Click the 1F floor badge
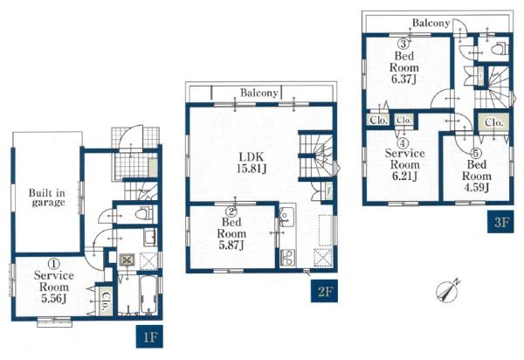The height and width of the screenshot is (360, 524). click(149, 336)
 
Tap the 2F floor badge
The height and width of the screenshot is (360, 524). click(324, 291)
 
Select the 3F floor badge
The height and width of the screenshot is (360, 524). click(500, 222)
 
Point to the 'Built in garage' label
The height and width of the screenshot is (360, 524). click(47, 197)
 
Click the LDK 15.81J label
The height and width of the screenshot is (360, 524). click(252, 163)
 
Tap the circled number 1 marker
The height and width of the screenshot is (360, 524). click(53, 264)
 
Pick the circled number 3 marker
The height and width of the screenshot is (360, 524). click(403, 44)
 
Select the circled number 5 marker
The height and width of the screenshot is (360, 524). click(476, 154)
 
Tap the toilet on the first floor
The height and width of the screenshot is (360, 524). click(144, 212)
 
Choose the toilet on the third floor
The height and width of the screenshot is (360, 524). click(500, 49)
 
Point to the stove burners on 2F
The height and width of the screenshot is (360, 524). click(286, 258)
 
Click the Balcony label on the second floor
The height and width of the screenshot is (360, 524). click(259, 93)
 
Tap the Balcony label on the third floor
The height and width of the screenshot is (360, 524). click(431, 23)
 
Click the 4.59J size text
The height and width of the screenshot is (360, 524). click(476, 187)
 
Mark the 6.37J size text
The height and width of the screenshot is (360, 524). click(403, 79)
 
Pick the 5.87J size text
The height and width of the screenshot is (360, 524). click(231, 245)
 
